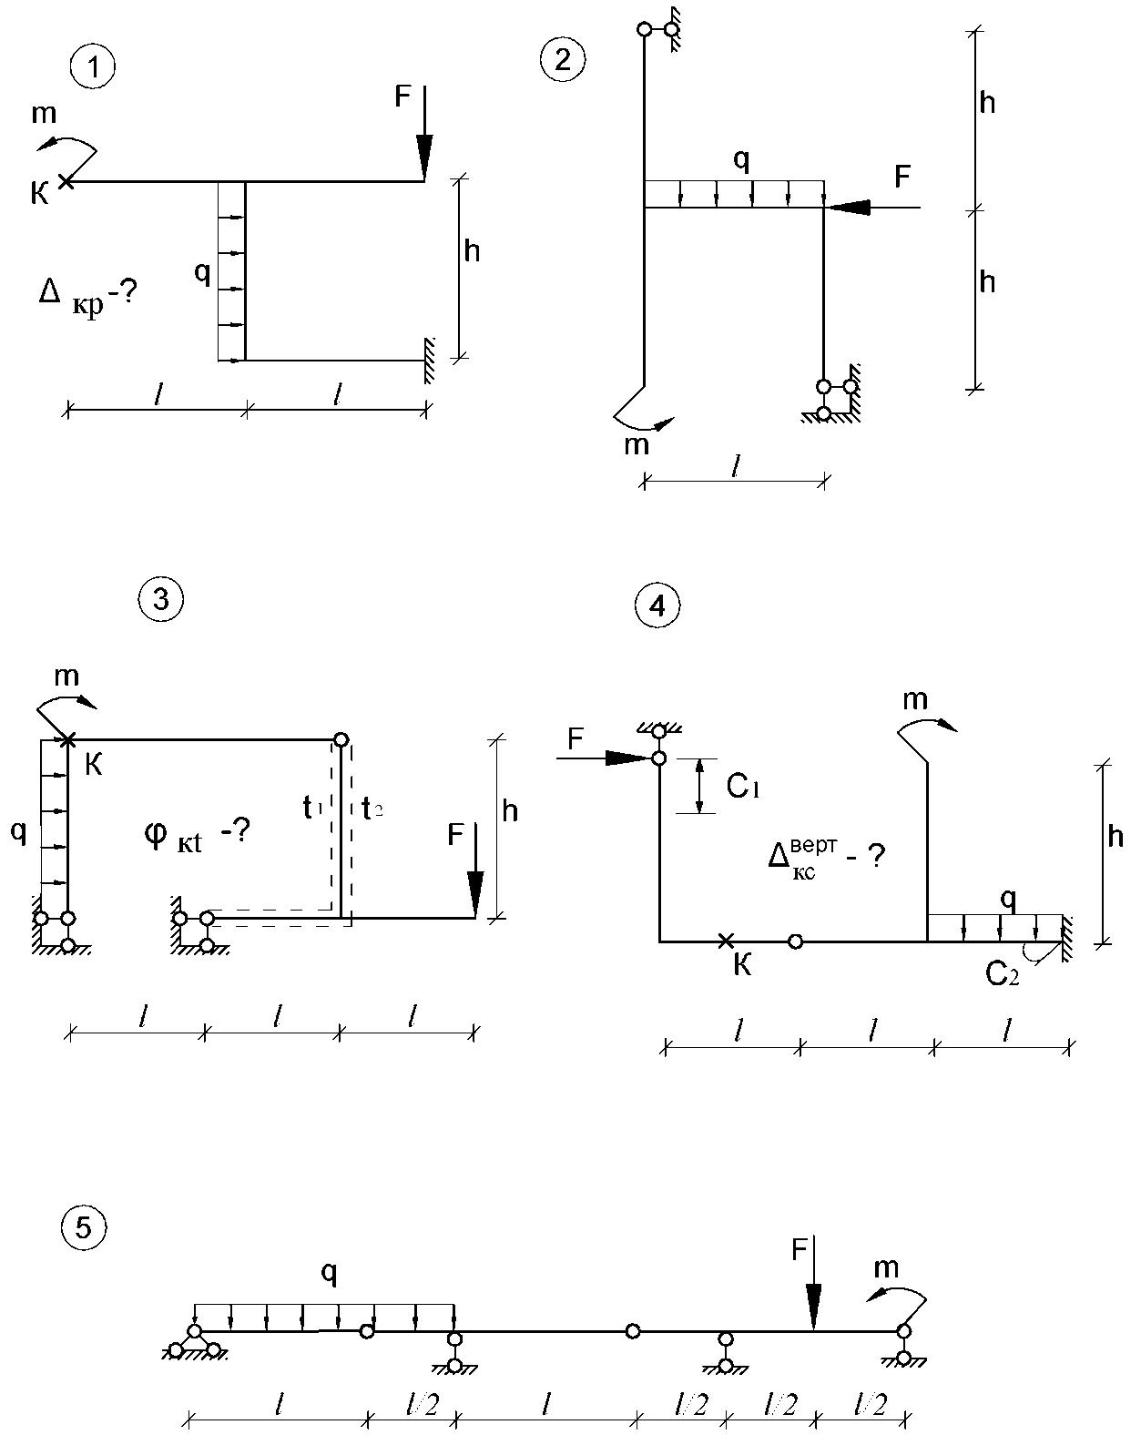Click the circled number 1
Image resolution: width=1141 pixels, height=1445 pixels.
[x=93, y=67]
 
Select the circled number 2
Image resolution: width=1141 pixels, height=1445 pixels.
[x=563, y=60]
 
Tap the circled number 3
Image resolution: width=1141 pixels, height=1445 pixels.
[x=161, y=599]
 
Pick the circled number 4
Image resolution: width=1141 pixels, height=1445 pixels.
[x=657, y=605]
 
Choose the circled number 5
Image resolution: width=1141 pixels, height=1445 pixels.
[x=83, y=1228]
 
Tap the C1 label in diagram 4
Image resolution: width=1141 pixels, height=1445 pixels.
[x=743, y=787]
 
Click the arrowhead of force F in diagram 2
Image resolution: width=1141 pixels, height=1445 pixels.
[x=848, y=209]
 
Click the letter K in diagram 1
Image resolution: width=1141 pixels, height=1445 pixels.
[x=40, y=193]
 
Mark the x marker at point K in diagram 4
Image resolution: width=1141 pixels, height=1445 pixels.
[x=725, y=941]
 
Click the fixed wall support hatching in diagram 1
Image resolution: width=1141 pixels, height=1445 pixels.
[x=429, y=360]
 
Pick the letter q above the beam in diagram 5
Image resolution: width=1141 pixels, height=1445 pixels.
[x=329, y=1274]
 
